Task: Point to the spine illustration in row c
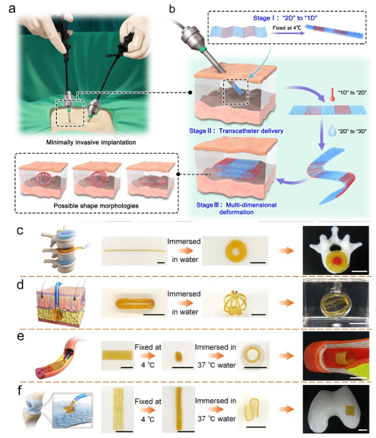pos(61,251)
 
